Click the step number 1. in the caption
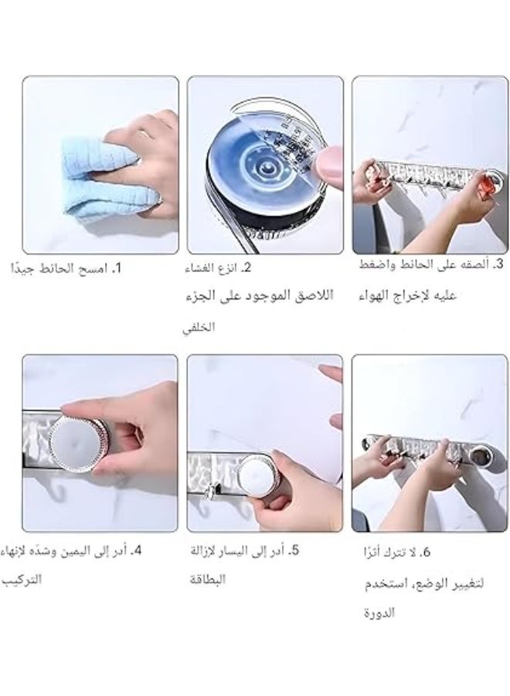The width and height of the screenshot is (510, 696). (x=117, y=269)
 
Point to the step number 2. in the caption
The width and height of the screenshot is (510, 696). (x=246, y=269)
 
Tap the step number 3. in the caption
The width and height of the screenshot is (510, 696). (x=498, y=264)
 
